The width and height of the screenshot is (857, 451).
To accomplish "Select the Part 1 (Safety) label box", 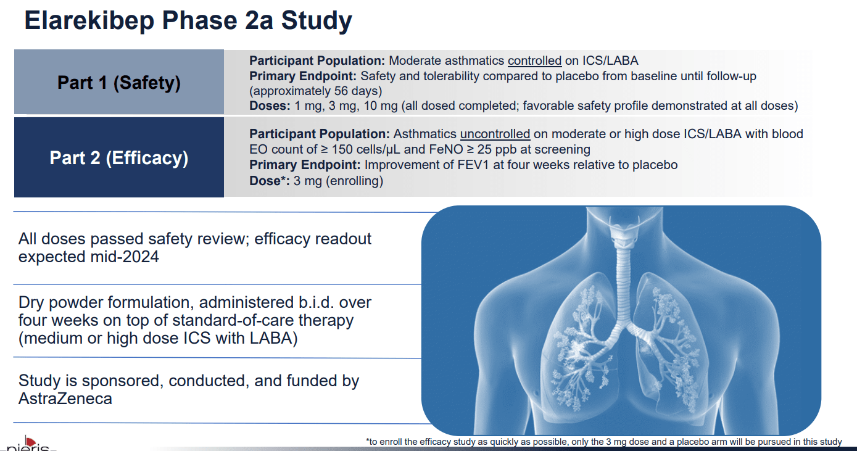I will [119, 82].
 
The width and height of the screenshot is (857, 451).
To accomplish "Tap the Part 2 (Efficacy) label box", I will [119, 158].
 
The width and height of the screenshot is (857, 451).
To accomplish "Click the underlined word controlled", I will [534, 60].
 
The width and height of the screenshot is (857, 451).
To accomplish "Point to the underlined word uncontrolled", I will [495, 134].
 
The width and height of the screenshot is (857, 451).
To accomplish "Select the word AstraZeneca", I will [65, 399].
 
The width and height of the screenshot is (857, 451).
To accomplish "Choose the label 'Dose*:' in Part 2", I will [270, 181].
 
